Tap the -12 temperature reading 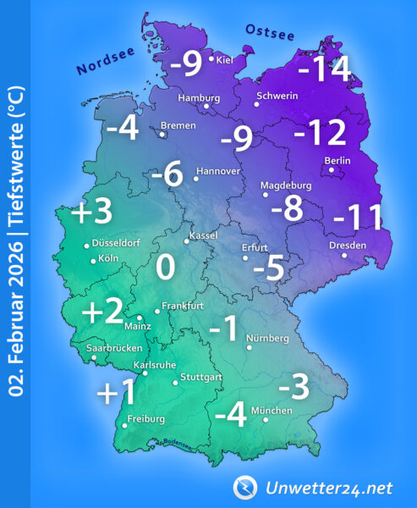click(x=320, y=133)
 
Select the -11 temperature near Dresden click(x=358, y=218)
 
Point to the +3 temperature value click(x=91, y=212)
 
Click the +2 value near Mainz click(x=102, y=312)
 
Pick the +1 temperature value click(x=117, y=394)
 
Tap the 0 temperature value click(x=166, y=268)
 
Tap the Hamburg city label click(x=199, y=97)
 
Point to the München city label click(x=272, y=411)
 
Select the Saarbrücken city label click(x=114, y=348)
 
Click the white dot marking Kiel click(x=211, y=58)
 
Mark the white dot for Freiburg click(x=124, y=426)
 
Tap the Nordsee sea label click(x=104, y=62)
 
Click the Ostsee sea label click(x=269, y=33)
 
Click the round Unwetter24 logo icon click(x=247, y=487)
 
